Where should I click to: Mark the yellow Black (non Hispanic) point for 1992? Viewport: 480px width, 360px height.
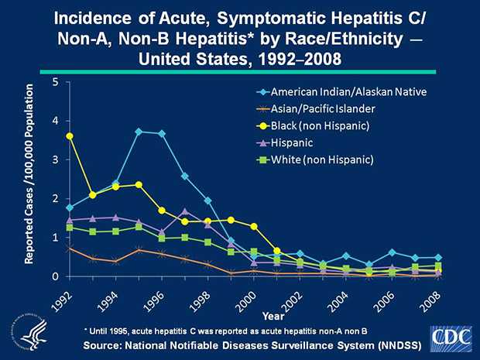[x=70, y=136]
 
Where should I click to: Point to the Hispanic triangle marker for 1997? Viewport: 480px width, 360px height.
[x=184, y=211]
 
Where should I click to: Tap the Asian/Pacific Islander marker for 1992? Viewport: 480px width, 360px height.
[x=70, y=248]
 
